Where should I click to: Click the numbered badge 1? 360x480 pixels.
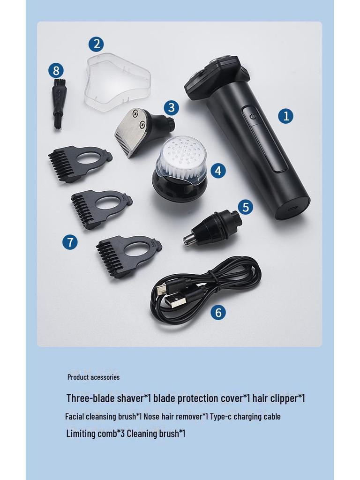[x=285, y=116]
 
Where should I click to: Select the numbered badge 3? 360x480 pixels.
[x=171, y=107]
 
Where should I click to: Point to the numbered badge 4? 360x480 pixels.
[x=218, y=171]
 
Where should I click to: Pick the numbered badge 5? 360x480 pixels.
[x=246, y=207]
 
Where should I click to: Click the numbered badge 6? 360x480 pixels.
[x=218, y=313]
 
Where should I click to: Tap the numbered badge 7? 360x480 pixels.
[x=70, y=242]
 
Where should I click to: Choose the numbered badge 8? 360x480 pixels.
[x=56, y=71]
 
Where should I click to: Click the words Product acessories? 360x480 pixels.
[x=93, y=377]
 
